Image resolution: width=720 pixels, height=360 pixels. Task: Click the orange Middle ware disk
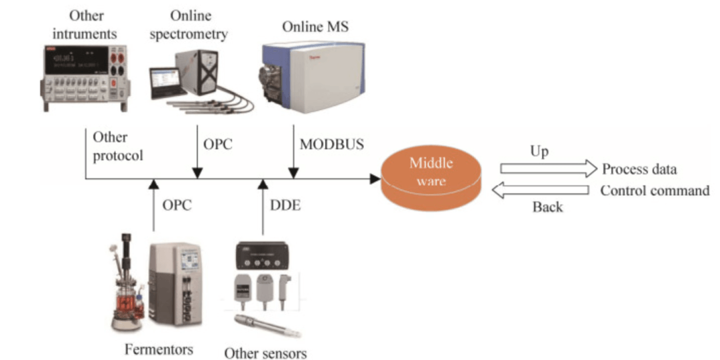430,177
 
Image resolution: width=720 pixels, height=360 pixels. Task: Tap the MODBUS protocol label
332,143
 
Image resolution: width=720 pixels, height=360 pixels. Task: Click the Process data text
639,169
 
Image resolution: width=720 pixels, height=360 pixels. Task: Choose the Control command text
655,191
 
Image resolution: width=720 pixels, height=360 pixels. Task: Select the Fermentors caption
158,349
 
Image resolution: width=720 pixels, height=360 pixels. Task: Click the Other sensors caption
265,352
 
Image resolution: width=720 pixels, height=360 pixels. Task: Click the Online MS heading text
315,27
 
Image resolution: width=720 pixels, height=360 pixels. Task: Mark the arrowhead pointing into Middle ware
375,179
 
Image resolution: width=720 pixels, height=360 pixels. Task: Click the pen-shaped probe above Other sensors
263,328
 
